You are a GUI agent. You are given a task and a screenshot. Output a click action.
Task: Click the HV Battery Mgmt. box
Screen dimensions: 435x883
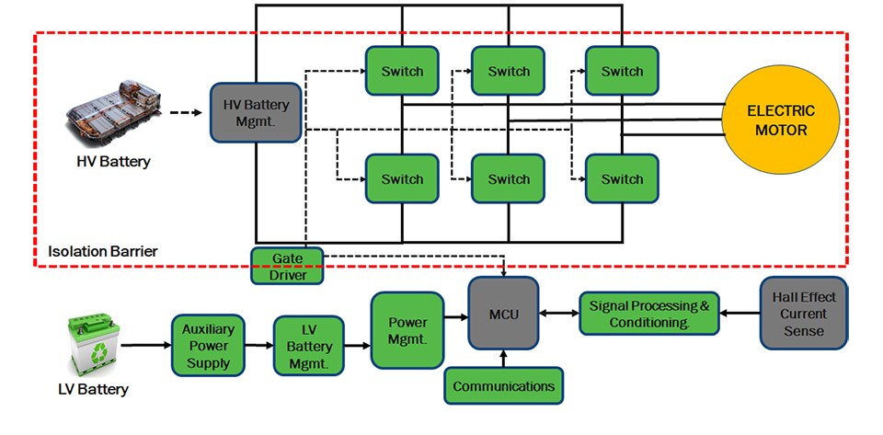click(x=256, y=112)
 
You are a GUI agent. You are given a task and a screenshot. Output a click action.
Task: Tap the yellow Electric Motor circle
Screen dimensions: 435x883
click(x=780, y=120)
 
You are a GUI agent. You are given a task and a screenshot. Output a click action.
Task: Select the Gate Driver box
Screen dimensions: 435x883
click(x=286, y=265)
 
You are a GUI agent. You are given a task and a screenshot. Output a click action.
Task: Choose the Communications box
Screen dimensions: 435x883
click(x=503, y=385)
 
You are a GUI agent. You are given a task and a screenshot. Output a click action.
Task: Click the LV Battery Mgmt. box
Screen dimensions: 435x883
click(x=309, y=346)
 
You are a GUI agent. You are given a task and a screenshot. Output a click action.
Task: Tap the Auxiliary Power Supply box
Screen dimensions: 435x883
click(x=208, y=345)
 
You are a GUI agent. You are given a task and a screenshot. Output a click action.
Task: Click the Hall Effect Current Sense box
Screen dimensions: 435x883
click(x=804, y=313)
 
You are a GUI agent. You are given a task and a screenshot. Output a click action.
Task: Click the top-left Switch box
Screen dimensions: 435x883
click(x=402, y=71)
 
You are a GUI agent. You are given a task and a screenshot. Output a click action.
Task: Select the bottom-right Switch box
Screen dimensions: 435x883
click(x=622, y=179)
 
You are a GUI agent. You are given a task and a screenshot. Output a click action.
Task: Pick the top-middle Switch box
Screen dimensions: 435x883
click(x=509, y=71)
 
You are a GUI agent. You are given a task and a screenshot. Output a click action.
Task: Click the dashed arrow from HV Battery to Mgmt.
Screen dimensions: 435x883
click(x=187, y=114)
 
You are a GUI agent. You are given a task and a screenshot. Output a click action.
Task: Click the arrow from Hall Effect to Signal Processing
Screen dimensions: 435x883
click(x=740, y=313)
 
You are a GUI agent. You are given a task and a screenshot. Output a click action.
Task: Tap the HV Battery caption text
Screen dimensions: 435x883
click(x=113, y=163)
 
